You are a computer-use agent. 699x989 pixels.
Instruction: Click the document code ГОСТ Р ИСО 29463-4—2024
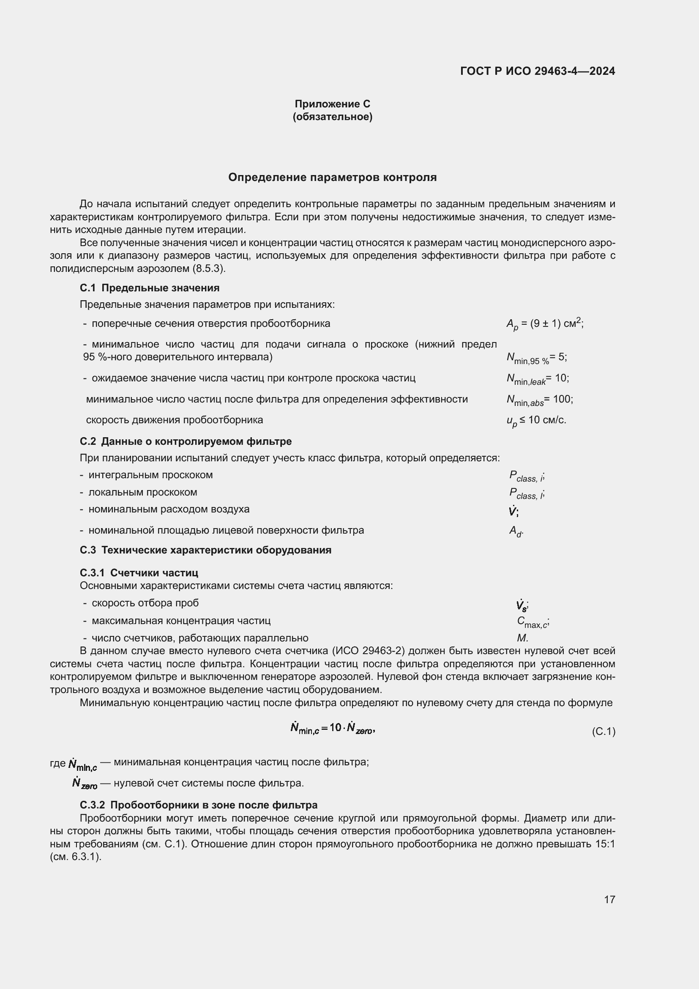(537, 71)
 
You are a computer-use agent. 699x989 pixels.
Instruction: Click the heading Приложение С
(332, 104)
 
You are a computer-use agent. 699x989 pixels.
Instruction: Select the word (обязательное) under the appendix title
(332, 117)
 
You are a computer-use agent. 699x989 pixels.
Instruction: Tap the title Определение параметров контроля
(332, 177)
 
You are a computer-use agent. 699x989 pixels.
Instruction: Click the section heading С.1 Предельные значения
(149, 288)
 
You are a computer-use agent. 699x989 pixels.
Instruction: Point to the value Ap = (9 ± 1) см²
(544, 323)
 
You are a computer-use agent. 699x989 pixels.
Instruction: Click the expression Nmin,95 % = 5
(536, 357)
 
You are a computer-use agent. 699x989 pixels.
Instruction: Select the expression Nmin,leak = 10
(538, 378)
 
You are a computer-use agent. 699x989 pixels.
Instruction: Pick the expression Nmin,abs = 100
(539, 400)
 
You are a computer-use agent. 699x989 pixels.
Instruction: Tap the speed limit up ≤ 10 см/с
(536, 420)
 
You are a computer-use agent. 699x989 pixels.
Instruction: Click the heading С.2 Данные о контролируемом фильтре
(186, 441)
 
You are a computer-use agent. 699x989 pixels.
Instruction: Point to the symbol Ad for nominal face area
(516, 531)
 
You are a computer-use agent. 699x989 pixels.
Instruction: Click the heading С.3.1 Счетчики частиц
(139, 573)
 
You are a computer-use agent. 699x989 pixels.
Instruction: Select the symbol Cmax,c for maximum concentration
(532, 622)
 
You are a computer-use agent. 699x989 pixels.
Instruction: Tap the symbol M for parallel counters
(522, 638)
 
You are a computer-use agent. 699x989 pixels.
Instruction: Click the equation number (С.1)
(603, 731)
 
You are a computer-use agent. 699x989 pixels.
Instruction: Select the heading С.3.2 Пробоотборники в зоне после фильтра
(199, 805)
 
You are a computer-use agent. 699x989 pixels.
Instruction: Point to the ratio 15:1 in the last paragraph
(605, 844)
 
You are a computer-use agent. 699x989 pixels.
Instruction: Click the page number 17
(609, 899)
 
